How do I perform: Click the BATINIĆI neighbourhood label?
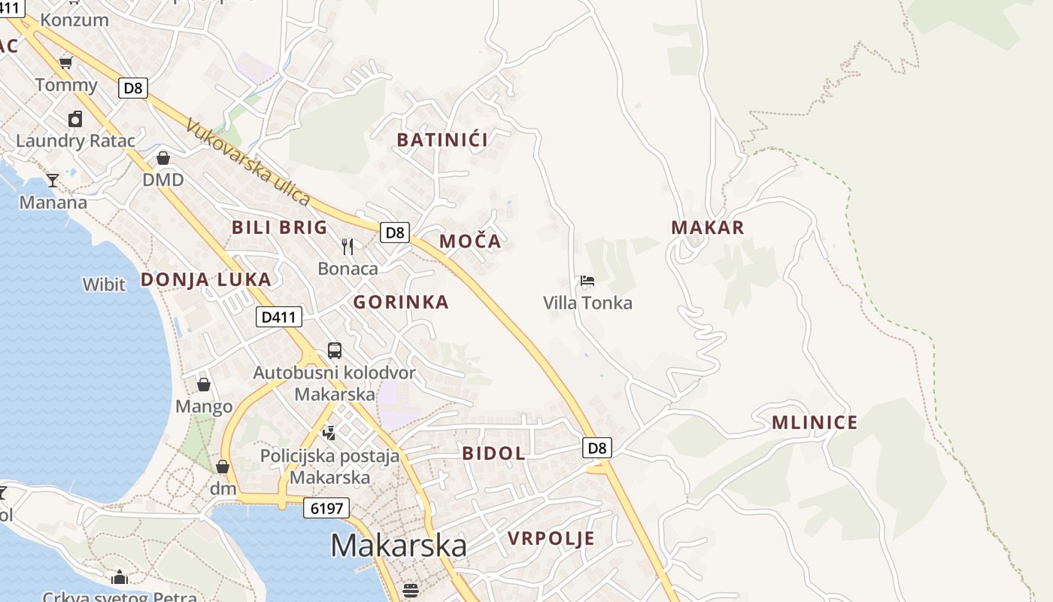442,139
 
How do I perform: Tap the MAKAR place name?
707,227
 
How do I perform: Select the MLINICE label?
815,422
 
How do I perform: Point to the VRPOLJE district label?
551,538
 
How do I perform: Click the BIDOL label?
493,453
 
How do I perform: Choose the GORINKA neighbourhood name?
401,303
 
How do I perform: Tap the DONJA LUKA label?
205,280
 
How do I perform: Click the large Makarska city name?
398,545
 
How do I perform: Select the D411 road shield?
278,317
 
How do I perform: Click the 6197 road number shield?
327,508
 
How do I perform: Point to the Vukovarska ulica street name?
248,162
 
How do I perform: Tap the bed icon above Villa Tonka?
587,281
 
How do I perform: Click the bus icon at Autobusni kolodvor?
335,350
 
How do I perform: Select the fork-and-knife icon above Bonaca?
347,246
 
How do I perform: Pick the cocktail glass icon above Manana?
53,180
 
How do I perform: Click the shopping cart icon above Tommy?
66,62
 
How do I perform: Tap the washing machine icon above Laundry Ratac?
75,119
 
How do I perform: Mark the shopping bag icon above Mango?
204,385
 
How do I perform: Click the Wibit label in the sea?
104,284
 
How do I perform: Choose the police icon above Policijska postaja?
329,433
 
